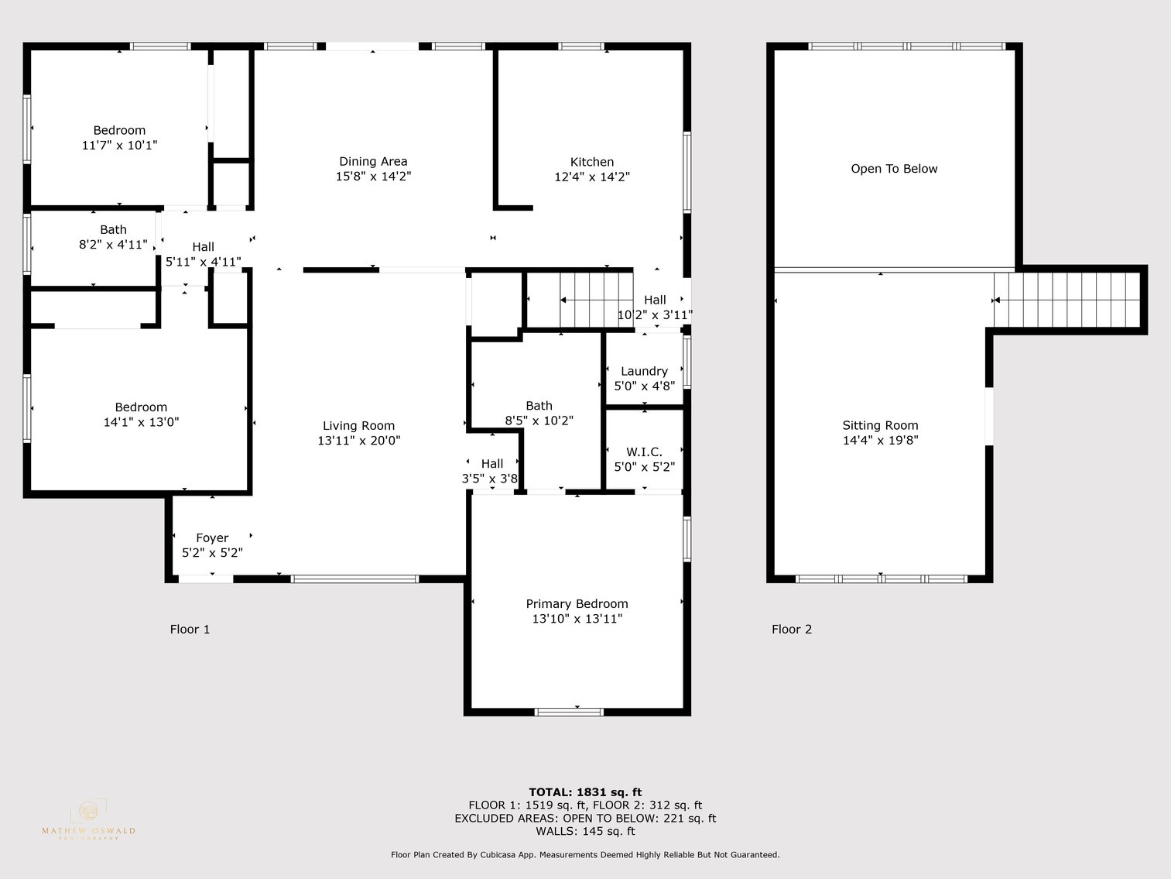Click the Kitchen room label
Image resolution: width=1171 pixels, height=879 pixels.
(592, 162)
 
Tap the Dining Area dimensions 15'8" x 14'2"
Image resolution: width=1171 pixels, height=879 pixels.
(373, 177)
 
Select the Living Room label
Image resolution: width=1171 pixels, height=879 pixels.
(358, 425)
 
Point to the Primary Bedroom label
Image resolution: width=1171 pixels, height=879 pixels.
(577, 604)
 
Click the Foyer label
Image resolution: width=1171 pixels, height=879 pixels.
(212, 537)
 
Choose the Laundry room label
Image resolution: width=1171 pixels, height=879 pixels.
(644, 371)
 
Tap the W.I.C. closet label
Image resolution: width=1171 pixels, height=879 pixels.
(644, 452)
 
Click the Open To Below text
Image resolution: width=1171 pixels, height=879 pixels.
(894, 169)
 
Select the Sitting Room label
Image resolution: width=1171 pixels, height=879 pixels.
(880, 425)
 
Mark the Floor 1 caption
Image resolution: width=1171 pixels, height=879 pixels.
(190, 629)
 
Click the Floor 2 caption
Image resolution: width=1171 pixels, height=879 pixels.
(792, 629)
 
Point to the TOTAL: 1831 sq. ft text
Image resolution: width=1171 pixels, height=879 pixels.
(585, 791)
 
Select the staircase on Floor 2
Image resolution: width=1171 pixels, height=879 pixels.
(1068, 300)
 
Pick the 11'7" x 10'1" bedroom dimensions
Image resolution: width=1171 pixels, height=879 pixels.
(119, 145)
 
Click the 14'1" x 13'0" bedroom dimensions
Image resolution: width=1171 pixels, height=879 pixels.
(141, 422)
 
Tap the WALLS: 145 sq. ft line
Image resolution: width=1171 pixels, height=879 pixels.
(585, 831)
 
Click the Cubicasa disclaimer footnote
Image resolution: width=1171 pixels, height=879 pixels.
(585, 855)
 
